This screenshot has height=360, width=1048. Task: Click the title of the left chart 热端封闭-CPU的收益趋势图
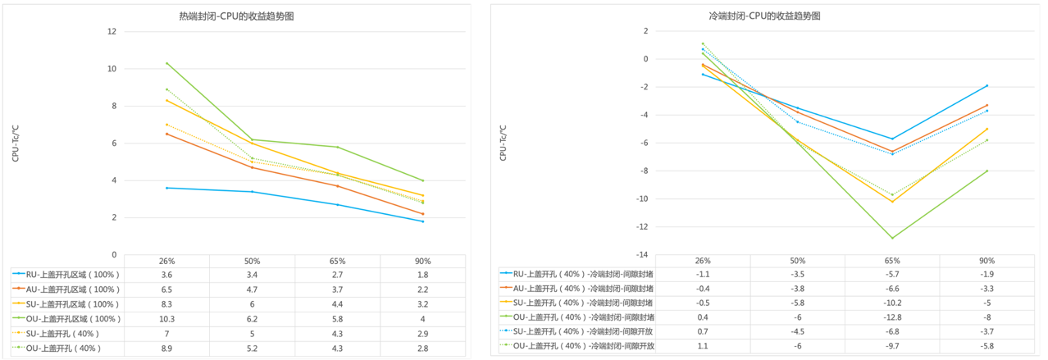pyautogui.click(x=236, y=16)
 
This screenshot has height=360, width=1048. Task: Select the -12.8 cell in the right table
pyautogui.click(x=798, y=317)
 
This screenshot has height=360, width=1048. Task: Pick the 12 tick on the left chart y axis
pyautogui.click(x=112, y=32)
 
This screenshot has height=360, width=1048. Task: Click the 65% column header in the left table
pyautogui.click(x=339, y=261)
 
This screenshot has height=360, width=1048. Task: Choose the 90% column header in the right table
pyautogui.click(x=987, y=260)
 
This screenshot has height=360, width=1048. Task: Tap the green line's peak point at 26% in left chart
pyautogui.click(x=167, y=63)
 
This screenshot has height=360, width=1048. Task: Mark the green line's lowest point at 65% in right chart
pyautogui.click(x=893, y=238)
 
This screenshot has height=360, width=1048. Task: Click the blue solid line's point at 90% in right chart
pyautogui.click(x=987, y=85)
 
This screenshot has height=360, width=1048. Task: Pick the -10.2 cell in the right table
pyautogui.click(x=893, y=303)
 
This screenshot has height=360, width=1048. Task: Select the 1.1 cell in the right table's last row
pyautogui.click(x=703, y=346)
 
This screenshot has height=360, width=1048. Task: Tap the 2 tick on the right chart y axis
pyautogui.click(x=645, y=31)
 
